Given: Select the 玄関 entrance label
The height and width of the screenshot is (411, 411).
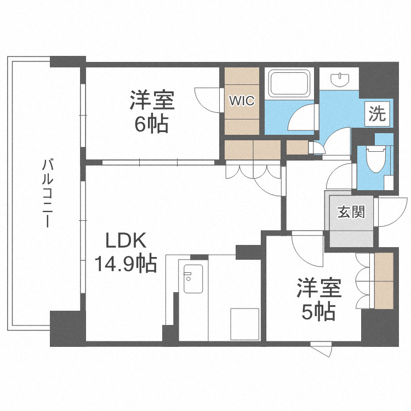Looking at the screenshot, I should [351, 211].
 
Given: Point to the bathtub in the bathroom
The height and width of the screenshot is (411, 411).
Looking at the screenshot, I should [290, 84].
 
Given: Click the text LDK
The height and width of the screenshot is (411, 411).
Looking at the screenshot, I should [125, 241].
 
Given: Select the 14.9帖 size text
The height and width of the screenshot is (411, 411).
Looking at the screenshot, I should [125, 264].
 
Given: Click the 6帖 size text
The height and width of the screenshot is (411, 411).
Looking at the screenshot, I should [152, 124].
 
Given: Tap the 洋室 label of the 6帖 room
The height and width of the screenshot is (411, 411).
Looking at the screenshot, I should [152, 101].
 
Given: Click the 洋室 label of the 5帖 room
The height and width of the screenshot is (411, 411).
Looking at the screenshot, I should [319, 288].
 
